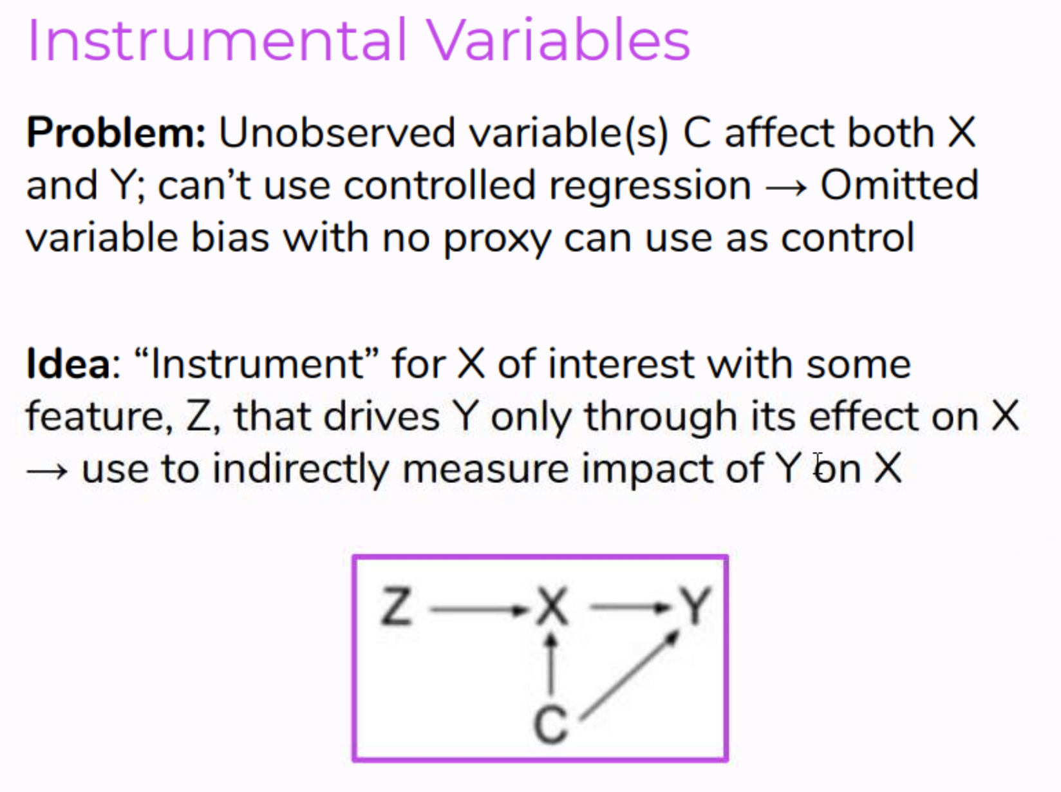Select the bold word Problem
point(116,133)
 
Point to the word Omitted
point(899,185)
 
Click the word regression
point(650,189)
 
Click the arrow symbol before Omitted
point(787,188)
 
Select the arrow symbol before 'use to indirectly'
point(48,471)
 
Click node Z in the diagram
point(397,606)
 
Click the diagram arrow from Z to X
point(479,610)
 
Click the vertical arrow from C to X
point(551,664)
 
